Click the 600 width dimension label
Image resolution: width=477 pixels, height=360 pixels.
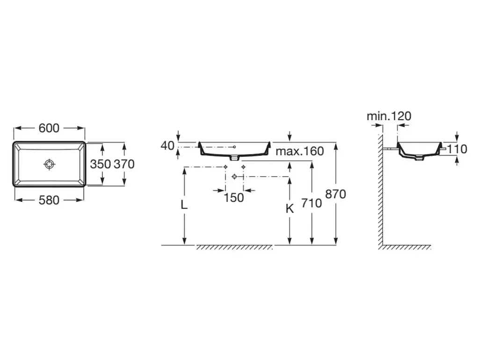49,128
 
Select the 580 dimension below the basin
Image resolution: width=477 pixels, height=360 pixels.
49,200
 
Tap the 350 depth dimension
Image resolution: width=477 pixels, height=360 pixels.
101,164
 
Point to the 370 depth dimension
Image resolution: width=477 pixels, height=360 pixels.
124,164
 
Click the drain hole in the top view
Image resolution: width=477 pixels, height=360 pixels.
49,164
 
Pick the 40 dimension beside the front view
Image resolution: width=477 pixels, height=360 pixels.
167,146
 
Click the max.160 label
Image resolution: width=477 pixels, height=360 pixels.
300,151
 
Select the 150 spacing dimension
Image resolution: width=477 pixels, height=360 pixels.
234,198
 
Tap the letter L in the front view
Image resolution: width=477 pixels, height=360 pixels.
184,205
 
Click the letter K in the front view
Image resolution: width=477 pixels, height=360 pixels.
290,209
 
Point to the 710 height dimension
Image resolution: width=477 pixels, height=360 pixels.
312,203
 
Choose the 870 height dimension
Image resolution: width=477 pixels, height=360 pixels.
336,194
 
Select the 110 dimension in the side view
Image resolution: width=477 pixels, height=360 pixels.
457,149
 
